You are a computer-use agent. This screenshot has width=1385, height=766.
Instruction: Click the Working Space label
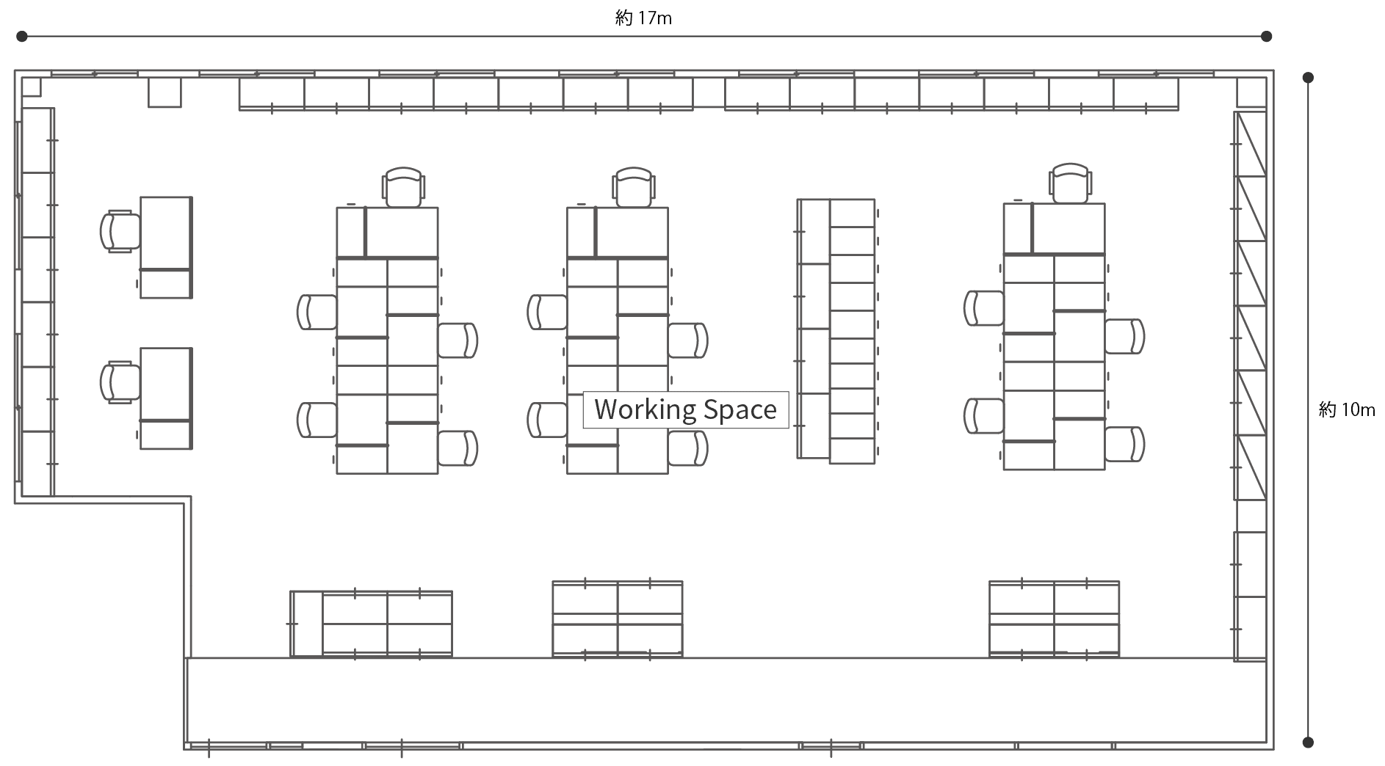tap(686, 409)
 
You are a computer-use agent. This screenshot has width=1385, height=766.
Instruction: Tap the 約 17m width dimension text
tap(643, 18)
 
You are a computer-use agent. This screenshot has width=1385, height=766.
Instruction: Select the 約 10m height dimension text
tap(1347, 409)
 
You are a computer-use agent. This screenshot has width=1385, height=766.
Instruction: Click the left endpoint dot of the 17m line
tap(22, 36)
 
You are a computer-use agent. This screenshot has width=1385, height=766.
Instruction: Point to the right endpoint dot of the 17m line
tap(1266, 36)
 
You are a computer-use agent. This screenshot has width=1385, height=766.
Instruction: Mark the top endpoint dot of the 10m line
tap(1308, 77)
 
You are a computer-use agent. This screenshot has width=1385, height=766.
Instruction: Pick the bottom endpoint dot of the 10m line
tap(1308, 743)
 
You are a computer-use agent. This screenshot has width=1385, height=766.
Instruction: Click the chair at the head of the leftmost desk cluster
tap(403, 187)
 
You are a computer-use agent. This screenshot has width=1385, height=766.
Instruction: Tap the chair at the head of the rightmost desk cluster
tap(1070, 183)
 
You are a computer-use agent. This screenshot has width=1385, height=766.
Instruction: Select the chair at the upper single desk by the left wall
tap(120, 231)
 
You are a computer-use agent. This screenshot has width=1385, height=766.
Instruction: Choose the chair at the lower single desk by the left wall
tap(120, 382)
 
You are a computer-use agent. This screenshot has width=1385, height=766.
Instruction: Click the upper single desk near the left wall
tap(166, 247)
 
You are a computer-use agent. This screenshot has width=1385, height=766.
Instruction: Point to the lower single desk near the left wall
tap(166, 398)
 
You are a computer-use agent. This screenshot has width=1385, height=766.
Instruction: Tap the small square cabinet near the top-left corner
tap(164, 92)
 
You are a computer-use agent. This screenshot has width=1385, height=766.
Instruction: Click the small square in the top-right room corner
tap(1251, 92)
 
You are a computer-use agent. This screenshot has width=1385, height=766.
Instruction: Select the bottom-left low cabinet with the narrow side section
tap(371, 624)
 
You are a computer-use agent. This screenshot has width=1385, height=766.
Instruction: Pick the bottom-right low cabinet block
tap(1054, 619)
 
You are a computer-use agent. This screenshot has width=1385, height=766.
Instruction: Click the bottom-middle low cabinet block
tap(618, 619)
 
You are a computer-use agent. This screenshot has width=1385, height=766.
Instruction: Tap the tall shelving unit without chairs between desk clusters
tap(836, 331)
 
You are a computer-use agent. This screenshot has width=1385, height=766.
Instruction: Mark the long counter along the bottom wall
tap(726, 700)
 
